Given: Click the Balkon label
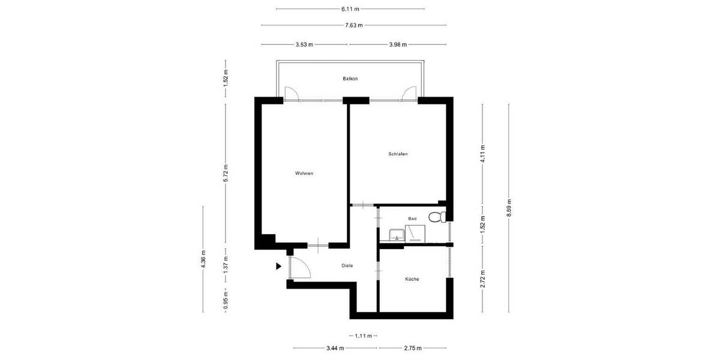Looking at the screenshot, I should pyautogui.click(x=350, y=79).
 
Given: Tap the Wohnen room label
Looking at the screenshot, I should pyautogui.click(x=304, y=173).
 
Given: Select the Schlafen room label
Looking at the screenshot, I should pyautogui.click(x=398, y=154).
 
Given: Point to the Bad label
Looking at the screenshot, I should pyautogui.click(x=412, y=219).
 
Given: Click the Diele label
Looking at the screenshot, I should pyautogui.click(x=347, y=265).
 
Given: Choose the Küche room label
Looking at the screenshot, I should pyautogui.click(x=412, y=279).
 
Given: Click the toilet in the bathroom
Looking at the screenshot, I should pyautogui.click(x=437, y=217).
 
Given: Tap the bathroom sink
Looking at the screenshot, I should pyautogui.click(x=395, y=234).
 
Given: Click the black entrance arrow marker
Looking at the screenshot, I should pyautogui.click(x=278, y=266).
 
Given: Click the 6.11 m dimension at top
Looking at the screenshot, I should pyautogui.click(x=350, y=9).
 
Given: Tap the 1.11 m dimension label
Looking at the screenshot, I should pyautogui.click(x=362, y=335).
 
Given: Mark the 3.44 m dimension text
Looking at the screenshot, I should pyautogui.click(x=335, y=348).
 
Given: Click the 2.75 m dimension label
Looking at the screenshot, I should pyautogui.click(x=412, y=348).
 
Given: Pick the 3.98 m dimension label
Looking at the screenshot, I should pyautogui.click(x=397, y=44).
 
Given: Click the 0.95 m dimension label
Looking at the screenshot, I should pyautogui.click(x=226, y=300).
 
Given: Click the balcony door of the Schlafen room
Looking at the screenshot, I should pyautogui.click(x=410, y=92).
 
